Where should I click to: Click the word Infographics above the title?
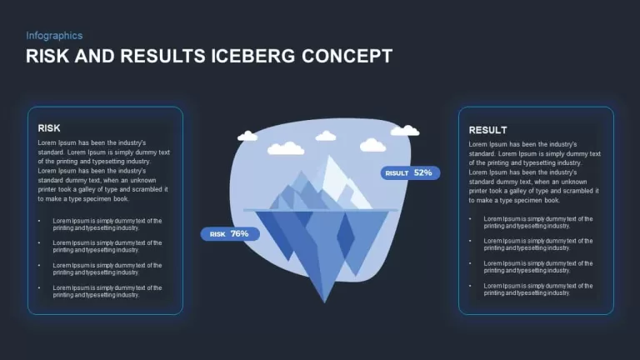(54, 36)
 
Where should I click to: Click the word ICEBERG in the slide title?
(252, 56)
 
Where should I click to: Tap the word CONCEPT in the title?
(347, 56)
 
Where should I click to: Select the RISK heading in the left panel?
(49, 128)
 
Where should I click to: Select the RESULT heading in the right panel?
(487, 130)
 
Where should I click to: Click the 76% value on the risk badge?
(240, 233)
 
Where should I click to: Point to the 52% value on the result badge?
(422, 172)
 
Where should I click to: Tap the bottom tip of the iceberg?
(324, 302)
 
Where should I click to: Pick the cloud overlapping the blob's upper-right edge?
(405, 131)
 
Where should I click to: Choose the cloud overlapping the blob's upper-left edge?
(247, 136)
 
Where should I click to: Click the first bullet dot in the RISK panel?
(39, 221)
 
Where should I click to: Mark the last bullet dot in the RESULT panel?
(470, 286)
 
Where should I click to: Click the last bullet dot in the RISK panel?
(39, 287)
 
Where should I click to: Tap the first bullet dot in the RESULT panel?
(470, 219)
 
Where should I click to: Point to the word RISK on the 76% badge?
(217, 234)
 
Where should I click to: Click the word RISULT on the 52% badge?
(397, 173)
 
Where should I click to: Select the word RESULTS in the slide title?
(162, 56)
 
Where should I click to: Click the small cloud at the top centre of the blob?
(326, 136)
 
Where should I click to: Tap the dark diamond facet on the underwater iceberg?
(346, 236)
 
